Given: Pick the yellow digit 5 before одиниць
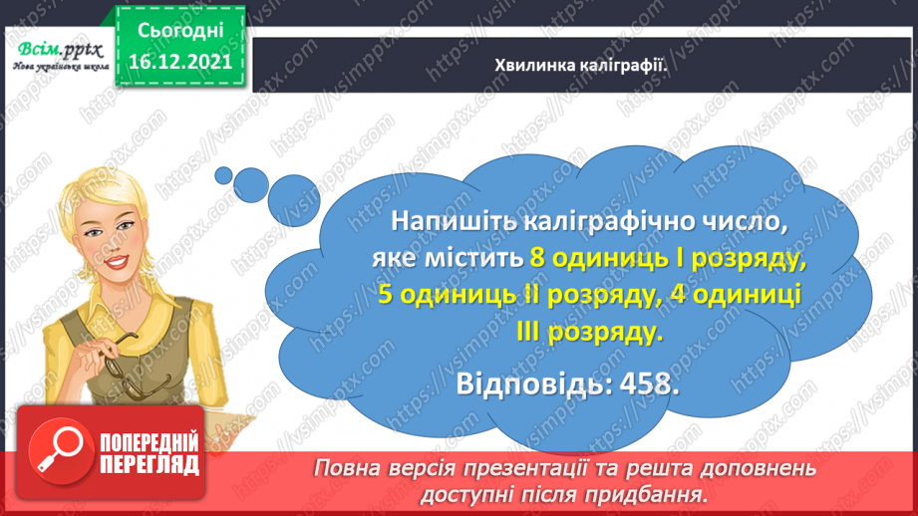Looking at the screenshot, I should [x=389, y=296].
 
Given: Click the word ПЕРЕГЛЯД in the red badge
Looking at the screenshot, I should [x=148, y=464].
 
